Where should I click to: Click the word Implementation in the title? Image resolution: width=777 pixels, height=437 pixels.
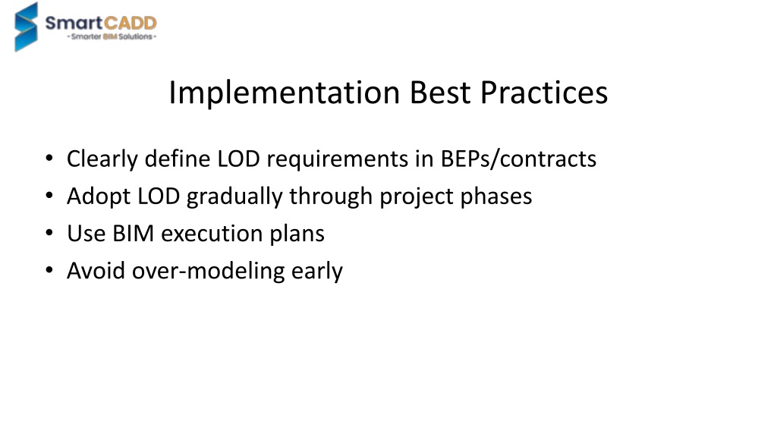[x=284, y=93]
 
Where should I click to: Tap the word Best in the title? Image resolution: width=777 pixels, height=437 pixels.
[x=440, y=92]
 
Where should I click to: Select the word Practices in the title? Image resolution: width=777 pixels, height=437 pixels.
[x=543, y=92]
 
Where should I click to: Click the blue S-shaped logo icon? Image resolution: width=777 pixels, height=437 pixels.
[x=26, y=27]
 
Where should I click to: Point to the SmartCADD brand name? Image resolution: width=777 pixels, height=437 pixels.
[x=101, y=23]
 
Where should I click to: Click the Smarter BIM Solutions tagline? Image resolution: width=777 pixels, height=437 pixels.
[x=112, y=36]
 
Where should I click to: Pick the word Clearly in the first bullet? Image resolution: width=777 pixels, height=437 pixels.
[x=102, y=159]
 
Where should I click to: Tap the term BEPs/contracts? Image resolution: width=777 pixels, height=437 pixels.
[x=518, y=159]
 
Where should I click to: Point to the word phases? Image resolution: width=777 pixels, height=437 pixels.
[x=496, y=196]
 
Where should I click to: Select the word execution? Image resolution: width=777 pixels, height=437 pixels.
[x=212, y=234]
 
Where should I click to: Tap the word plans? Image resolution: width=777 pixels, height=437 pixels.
[x=297, y=234]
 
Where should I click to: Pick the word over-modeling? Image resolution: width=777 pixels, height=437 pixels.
[x=208, y=272]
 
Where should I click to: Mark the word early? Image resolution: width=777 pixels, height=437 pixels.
[x=316, y=272]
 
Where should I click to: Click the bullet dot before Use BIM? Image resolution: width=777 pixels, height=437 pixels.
[x=49, y=233]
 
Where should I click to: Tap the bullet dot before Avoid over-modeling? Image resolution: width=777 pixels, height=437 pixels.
[x=49, y=270]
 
